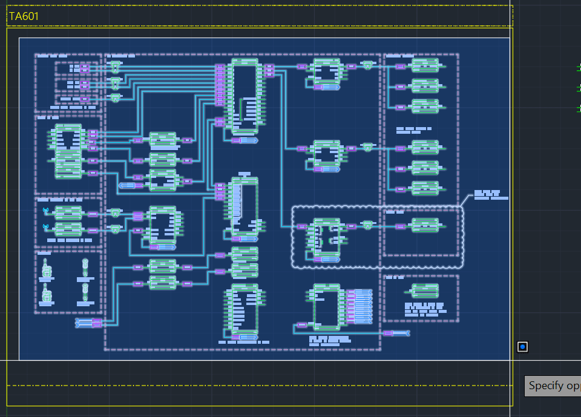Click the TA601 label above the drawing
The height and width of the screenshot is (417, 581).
[x=24, y=16]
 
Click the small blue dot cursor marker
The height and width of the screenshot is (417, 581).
[x=522, y=347]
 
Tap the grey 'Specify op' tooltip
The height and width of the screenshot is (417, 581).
[x=552, y=386]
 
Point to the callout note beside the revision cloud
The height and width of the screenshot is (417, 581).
[x=490, y=195]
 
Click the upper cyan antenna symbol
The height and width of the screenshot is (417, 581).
[x=45, y=211]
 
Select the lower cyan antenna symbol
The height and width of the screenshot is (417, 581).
[x=45, y=227]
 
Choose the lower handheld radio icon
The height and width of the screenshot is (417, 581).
[x=47, y=295]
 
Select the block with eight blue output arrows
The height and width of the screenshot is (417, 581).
[x=327, y=307]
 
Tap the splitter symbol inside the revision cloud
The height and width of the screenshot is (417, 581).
[x=367, y=225]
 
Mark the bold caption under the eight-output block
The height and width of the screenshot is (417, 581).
[x=330, y=341]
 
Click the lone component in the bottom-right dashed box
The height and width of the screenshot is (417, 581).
[x=425, y=291]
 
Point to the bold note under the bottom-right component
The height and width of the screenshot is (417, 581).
[x=424, y=310]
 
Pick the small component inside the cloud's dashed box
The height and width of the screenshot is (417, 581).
[x=425, y=226]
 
